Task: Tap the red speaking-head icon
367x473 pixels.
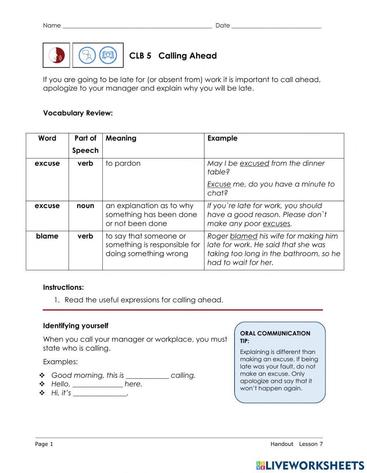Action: pyautogui.click(x=56, y=55)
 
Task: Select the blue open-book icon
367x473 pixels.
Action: pyautogui.click(x=108, y=55)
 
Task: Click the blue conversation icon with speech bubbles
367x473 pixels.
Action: pyautogui.click(x=87, y=55)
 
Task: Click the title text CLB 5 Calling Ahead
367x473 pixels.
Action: pyautogui.click(x=173, y=56)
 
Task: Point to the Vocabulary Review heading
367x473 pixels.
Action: pyautogui.click(x=78, y=113)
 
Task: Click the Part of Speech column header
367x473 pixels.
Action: pyautogui.click(x=86, y=144)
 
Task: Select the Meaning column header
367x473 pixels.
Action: pyautogui.click(x=121, y=138)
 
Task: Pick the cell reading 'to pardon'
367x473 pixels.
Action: pyautogui.click(x=123, y=163)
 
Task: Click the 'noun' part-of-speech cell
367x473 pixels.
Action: pyautogui.click(x=86, y=206)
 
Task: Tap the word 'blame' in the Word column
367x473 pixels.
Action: pyautogui.click(x=47, y=236)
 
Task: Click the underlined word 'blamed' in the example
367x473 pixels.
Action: pyautogui.click(x=244, y=236)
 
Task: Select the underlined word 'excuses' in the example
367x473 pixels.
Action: pyautogui.click(x=276, y=223)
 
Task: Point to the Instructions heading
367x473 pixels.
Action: pyautogui.click(x=63, y=287)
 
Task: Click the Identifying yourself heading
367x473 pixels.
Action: pyautogui.click(x=76, y=326)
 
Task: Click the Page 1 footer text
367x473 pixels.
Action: pyautogui.click(x=44, y=444)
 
